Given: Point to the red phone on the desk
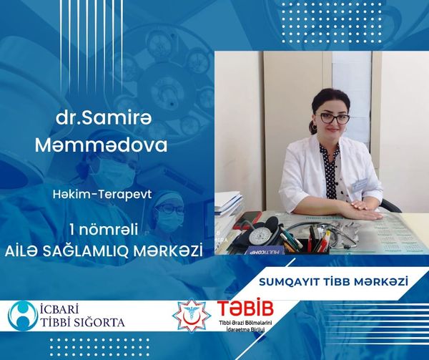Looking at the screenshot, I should pyautogui.click(x=250, y=218).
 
